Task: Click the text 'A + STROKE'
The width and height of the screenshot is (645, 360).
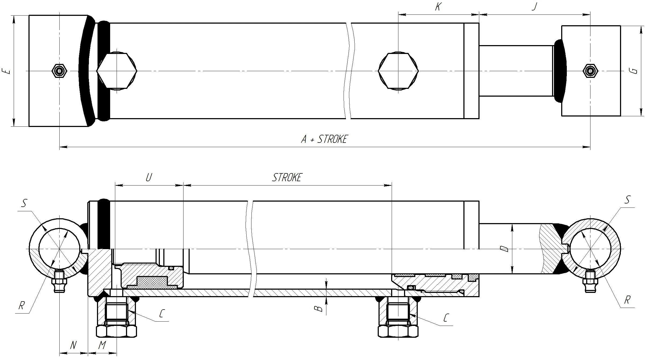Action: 324,139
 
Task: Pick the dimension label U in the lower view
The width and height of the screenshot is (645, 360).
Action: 149,177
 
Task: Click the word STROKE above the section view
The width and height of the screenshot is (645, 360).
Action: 287,177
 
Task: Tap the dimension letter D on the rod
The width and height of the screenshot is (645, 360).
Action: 505,249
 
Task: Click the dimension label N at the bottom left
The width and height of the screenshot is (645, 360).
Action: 73,345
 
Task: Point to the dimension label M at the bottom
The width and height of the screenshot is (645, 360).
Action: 102,345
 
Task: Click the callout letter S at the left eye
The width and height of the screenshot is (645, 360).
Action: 24,203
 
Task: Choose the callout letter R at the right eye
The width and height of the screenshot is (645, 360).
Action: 627,300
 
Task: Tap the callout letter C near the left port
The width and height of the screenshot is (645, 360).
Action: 162,314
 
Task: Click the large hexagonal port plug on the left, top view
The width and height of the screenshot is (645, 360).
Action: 117,71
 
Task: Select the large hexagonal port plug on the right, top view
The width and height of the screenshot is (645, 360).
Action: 398,71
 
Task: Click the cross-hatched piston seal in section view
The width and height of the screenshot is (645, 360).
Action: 153,282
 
